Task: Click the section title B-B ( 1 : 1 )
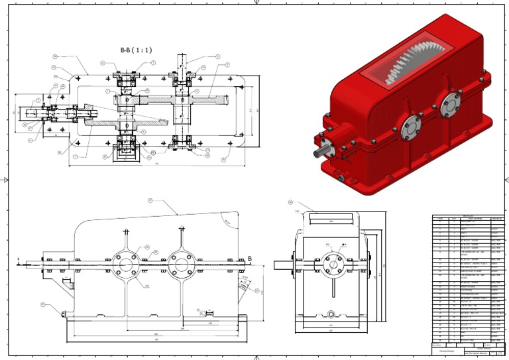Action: (136, 50)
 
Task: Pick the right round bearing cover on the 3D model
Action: (449, 103)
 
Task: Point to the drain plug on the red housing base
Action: (339, 177)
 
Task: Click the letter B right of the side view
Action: (249, 259)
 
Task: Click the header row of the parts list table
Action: (468, 217)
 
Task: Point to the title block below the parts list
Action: (468, 348)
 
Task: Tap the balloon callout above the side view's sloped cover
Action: (150, 200)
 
